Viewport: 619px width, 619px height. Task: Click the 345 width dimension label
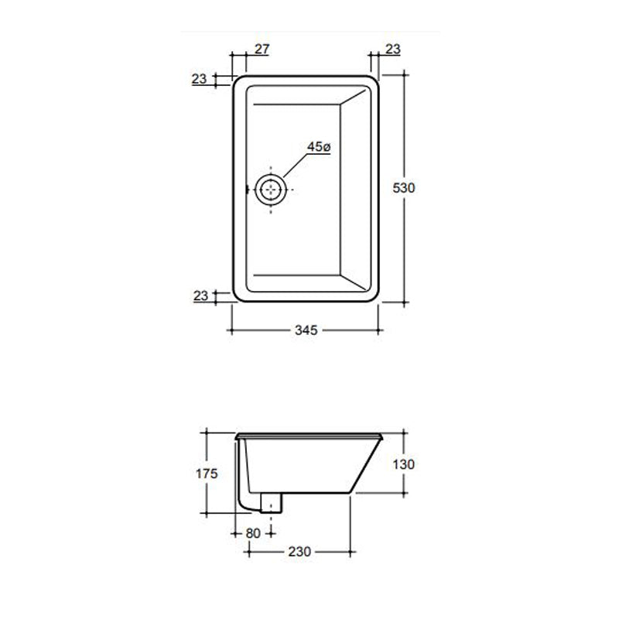point(306,330)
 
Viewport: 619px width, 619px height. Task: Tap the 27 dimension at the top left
point(262,50)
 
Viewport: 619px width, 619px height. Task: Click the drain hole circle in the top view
point(271,188)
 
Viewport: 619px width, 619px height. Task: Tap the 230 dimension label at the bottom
point(299,552)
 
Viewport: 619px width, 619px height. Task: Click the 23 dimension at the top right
point(392,50)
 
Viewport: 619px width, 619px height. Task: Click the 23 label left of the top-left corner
point(200,78)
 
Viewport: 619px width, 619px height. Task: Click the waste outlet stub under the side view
point(272,502)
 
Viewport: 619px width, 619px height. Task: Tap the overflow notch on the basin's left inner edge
point(247,188)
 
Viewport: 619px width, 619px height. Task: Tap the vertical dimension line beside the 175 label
point(205,449)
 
